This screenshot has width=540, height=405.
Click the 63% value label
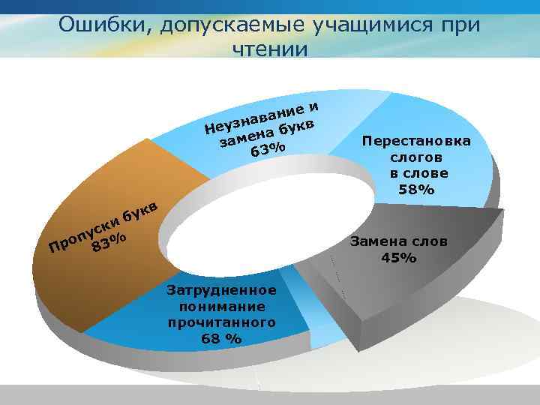point(268,149)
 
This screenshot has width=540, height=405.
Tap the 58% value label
point(416,190)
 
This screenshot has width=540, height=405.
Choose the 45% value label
point(399,258)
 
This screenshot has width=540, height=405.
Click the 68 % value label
point(221,338)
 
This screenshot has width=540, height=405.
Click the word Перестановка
point(416,140)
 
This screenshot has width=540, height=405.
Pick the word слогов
point(416,157)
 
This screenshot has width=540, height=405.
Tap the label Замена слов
point(399,241)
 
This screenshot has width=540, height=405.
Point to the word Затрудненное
point(222,289)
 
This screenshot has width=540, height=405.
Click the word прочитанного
point(222,322)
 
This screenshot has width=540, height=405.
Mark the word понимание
point(222,306)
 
